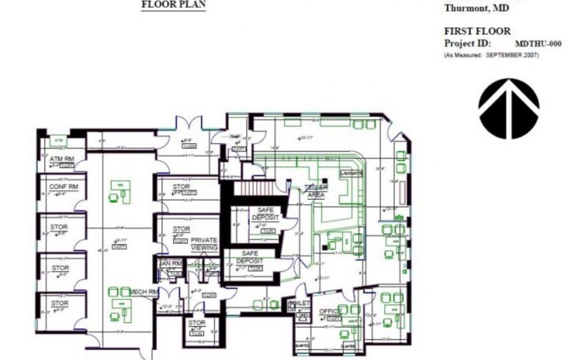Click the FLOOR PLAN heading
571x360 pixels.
click(174, 4)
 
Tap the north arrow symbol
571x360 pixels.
click(508, 109)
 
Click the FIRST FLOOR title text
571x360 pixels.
click(477, 31)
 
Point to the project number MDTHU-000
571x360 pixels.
click(538, 44)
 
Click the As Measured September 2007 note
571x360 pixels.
click(491, 55)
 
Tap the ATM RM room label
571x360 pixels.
click(61, 159)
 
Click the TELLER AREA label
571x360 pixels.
click(316, 191)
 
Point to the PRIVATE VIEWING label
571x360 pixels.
click(204, 243)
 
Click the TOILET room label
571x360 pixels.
click(300, 304)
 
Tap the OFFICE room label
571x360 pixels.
click(330, 311)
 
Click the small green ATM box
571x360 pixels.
click(59, 141)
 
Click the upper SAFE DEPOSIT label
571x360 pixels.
click(265, 214)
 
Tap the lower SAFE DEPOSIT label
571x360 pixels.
click(250, 257)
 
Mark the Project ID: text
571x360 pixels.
click(467, 43)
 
